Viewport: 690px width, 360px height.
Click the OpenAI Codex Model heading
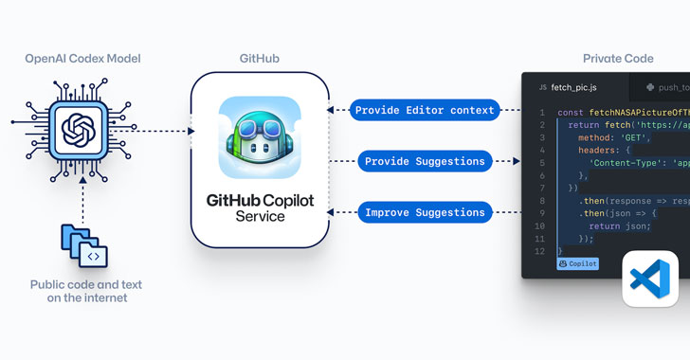tap(83, 59)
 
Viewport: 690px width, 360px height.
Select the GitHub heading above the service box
tap(259, 59)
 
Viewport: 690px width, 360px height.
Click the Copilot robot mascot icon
tap(260, 138)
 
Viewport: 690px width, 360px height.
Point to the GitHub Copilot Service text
tap(260, 209)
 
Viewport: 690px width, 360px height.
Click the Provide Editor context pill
tap(425, 111)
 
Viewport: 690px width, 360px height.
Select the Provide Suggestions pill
tap(425, 162)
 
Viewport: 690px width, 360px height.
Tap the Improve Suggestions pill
tap(425, 213)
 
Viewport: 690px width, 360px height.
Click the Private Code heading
tap(617, 59)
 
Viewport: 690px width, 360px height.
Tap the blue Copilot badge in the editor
tap(577, 263)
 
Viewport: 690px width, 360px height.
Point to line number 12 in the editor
tap(540, 252)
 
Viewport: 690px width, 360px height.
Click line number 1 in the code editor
tap(540, 113)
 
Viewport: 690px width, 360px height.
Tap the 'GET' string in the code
tap(628, 137)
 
